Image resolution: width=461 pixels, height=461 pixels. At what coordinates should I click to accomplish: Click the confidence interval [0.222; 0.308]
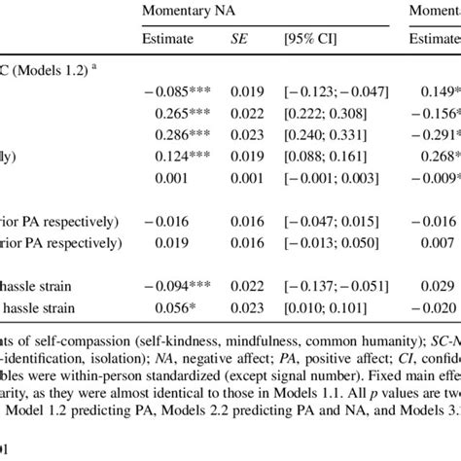[x=324, y=114]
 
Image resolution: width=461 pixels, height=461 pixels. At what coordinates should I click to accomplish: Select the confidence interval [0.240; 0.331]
[x=324, y=134]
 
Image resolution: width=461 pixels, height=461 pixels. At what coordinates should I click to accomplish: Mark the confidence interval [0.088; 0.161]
[x=324, y=156]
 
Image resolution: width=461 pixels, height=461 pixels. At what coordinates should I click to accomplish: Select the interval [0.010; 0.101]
[x=324, y=304]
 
